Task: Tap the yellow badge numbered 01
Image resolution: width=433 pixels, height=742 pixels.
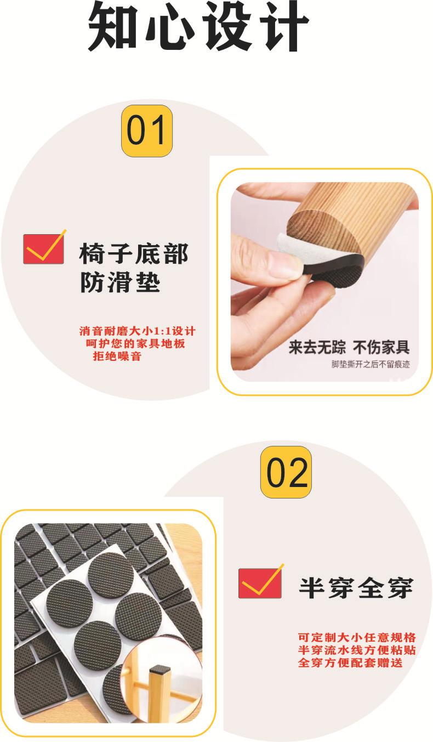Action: (x=146, y=131)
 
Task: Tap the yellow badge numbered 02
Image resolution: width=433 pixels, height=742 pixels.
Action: (x=286, y=472)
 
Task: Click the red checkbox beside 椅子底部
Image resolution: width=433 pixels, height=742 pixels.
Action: (x=44, y=248)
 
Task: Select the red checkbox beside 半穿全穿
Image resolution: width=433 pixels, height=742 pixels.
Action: (x=260, y=582)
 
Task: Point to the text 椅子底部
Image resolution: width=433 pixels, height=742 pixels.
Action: (x=134, y=254)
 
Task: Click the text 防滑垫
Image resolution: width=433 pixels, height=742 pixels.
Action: (x=120, y=283)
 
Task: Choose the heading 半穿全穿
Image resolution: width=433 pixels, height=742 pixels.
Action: (x=355, y=588)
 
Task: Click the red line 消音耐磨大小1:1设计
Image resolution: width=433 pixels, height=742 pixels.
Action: (x=136, y=331)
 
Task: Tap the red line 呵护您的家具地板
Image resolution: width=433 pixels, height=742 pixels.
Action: (x=135, y=344)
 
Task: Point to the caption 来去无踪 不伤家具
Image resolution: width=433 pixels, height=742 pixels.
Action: (x=349, y=347)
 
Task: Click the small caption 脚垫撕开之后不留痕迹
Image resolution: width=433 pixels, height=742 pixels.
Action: (x=371, y=364)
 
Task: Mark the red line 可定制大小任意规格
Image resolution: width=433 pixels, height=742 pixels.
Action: (x=357, y=638)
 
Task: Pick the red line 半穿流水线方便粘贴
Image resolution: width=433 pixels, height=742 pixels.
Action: (x=357, y=650)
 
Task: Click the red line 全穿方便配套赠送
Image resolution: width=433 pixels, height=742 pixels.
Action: (x=350, y=663)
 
